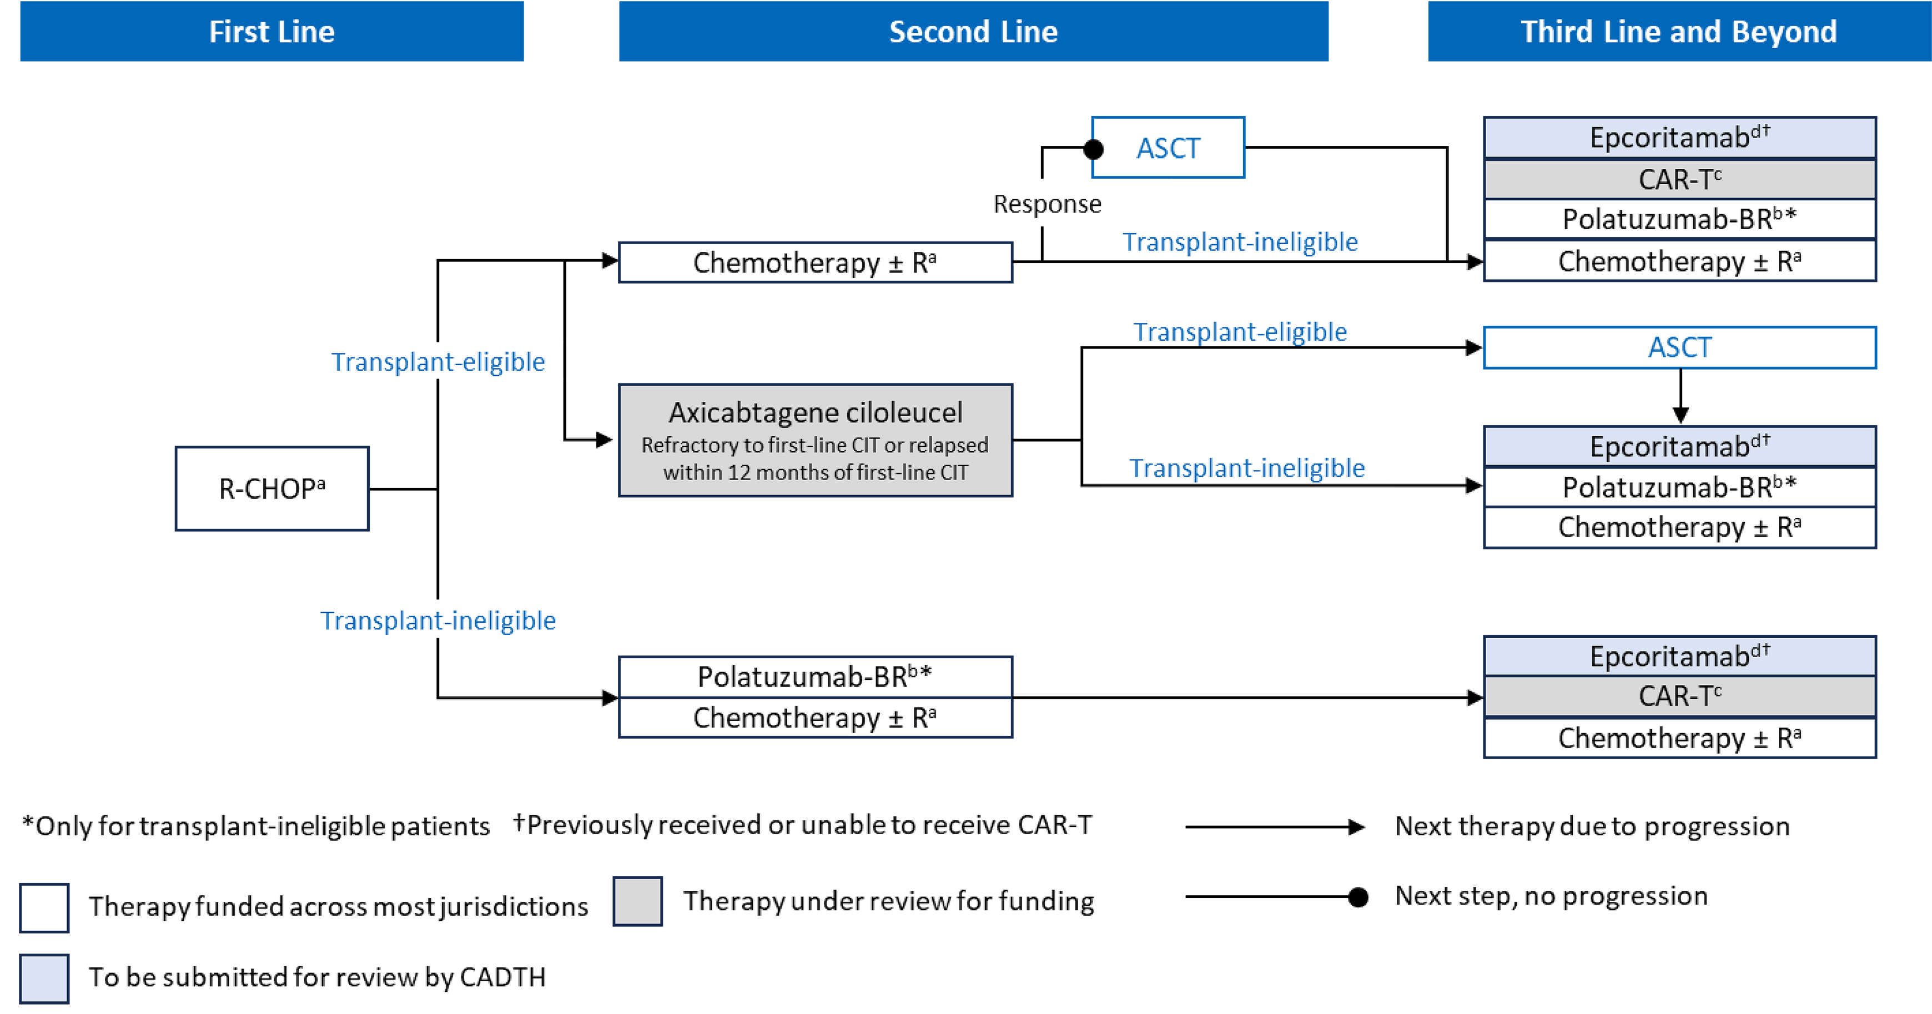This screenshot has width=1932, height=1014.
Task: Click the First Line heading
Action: click(x=271, y=32)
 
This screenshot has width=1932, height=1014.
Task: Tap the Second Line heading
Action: click(x=973, y=32)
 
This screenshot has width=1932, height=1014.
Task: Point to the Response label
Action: click(x=1047, y=204)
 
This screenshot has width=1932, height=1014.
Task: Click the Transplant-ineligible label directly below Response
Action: click(x=1240, y=242)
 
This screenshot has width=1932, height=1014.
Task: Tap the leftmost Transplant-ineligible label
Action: click(x=438, y=620)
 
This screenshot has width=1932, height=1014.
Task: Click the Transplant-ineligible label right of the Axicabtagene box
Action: click(x=1246, y=468)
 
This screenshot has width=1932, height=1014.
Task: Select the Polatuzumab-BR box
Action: click(x=1679, y=219)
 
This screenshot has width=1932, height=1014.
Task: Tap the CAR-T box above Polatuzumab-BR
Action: click(x=1679, y=179)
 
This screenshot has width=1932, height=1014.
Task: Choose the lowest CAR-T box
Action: click(x=1679, y=696)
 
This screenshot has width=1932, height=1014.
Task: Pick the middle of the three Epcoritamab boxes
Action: click(x=1679, y=447)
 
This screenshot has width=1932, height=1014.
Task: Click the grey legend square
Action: click(x=637, y=901)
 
